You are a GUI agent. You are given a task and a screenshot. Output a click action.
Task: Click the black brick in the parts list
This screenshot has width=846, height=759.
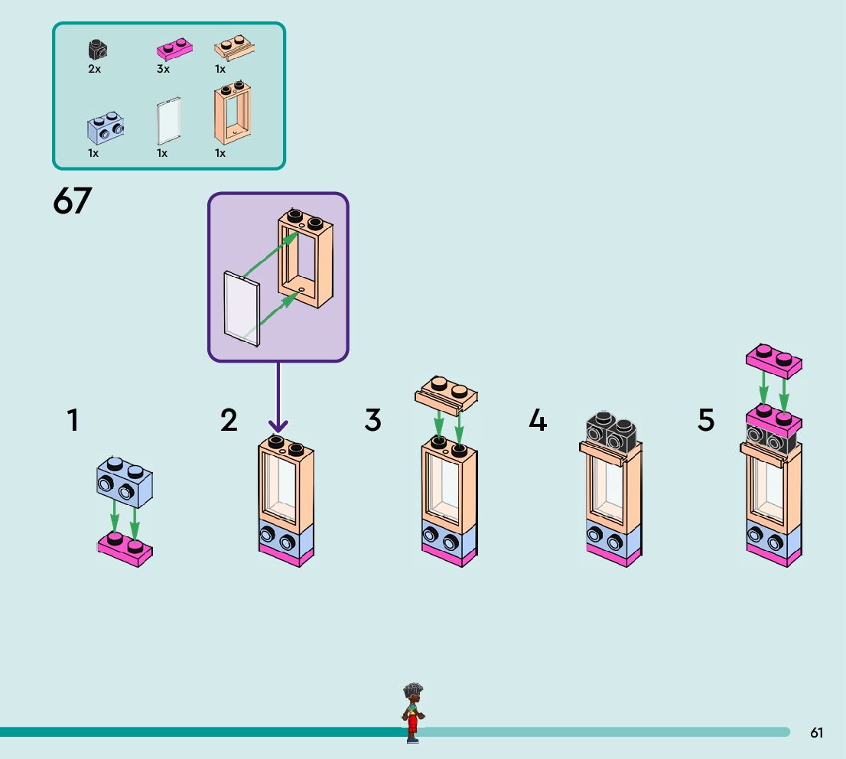click(x=97, y=51)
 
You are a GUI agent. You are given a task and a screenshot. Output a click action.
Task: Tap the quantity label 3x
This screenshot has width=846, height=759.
click(x=163, y=69)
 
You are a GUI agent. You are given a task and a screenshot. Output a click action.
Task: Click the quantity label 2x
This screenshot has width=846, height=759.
click(x=94, y=69)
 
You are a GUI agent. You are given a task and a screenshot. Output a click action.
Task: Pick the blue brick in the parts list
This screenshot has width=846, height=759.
click(x=106, y=128)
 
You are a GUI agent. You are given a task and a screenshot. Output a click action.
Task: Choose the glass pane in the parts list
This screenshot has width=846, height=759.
click(x=168, y=121)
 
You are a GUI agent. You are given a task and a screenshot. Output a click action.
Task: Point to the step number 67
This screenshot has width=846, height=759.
click(x=73, y=202)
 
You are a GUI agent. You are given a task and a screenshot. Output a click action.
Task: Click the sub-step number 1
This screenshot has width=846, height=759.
click(x=73, y=420)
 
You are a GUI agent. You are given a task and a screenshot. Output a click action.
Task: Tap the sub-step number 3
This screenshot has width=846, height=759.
click(x=373, y=420)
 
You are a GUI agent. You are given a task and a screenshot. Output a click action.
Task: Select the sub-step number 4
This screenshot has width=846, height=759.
click(x=538, y=420)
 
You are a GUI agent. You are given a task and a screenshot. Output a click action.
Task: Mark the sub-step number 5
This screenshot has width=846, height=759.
click(x=705, y=420)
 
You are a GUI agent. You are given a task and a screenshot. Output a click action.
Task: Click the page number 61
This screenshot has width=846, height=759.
click(x=816, y=733)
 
